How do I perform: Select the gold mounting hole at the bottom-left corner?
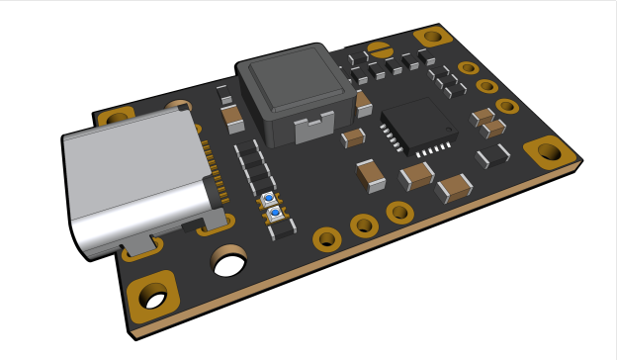click(154, 296)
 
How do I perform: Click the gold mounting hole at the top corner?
click(433, 37)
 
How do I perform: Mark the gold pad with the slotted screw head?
click(380, 46)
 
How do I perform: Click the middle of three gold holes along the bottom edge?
click(364, 225)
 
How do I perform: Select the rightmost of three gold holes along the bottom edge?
click(399, 212)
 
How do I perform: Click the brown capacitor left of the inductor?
click(234, 121)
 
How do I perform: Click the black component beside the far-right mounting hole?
click(493, 156)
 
